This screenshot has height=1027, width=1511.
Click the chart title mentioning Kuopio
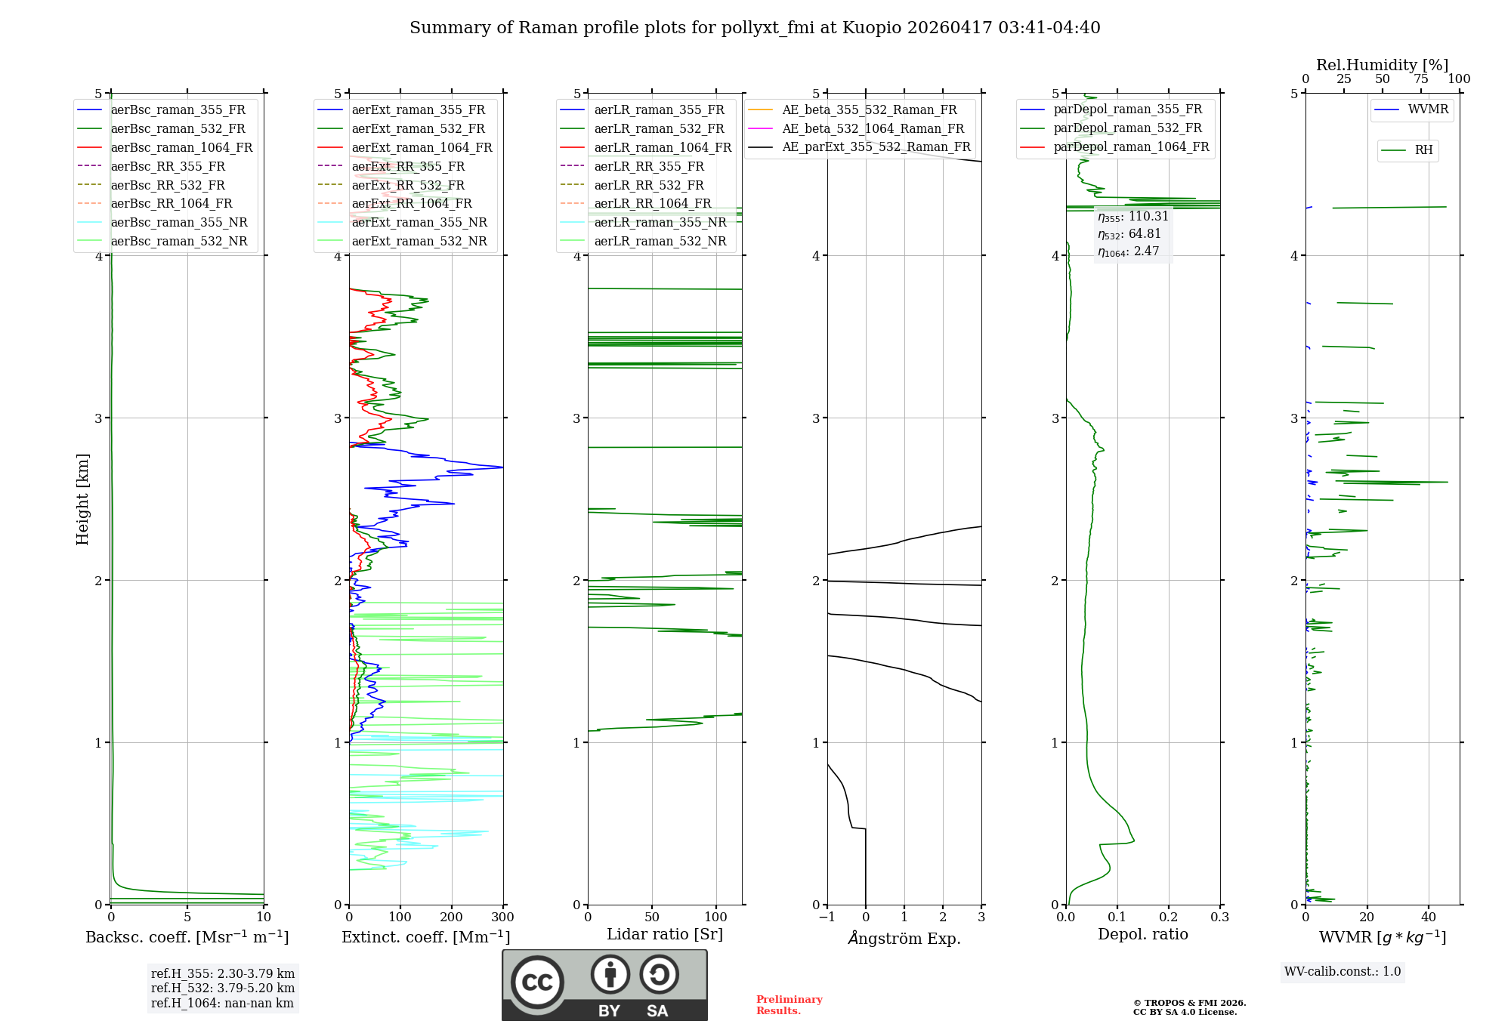point(755,28)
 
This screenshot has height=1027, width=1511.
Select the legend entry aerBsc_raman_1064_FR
point(181,148)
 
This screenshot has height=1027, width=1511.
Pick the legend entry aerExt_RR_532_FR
point(408,185)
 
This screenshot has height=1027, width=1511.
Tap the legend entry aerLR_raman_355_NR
point(660,223)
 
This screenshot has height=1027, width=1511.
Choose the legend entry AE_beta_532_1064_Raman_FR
point(873,129)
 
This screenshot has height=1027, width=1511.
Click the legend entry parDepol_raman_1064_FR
point(1131,147)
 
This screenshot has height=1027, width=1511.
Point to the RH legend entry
point(1423,150)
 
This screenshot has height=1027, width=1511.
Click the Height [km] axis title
point(82,499)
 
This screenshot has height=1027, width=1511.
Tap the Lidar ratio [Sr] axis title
point(665,935)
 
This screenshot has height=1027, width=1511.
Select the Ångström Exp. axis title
point(904,939)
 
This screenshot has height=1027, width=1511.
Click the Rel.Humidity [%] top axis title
point(1383,65)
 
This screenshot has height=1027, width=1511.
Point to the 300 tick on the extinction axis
point(502,918)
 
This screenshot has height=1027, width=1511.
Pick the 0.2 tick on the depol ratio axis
point(1169,918)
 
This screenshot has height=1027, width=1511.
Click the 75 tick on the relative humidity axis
point(1421,79)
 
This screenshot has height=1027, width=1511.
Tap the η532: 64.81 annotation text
point(1129,234)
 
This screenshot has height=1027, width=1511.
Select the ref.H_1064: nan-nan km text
point(222,1004)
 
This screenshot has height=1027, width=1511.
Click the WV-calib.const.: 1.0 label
point(1343,972)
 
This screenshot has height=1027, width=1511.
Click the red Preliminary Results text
point(789,1005)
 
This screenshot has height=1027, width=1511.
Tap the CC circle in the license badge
point(537,982)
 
